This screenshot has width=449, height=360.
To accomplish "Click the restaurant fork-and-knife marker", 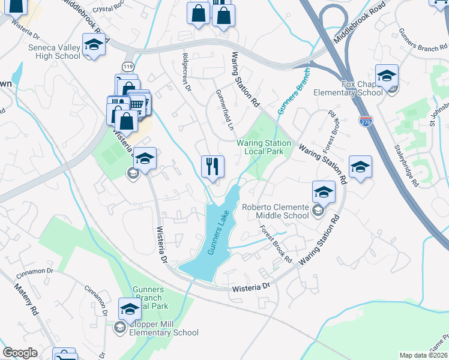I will pos(212,166).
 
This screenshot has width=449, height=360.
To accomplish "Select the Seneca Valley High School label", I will pos(54,52).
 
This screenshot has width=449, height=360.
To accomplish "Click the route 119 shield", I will pos(127,66).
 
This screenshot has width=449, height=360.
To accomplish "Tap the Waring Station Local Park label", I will pos(264,147).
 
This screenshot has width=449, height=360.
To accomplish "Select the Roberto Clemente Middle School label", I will pos(275,211).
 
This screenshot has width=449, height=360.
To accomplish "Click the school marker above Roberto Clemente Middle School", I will pos(324,192).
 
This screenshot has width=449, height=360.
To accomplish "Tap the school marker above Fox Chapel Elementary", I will pos(387,76).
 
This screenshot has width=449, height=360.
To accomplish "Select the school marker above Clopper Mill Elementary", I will pos(130,309).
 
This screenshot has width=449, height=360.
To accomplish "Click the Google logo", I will pos(20,353).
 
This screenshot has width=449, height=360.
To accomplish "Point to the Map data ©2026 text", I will pos(423,355).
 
